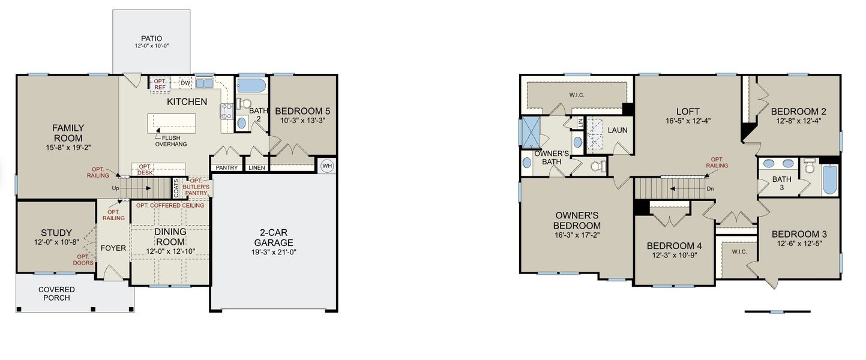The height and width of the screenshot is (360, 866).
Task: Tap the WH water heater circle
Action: (327, 166)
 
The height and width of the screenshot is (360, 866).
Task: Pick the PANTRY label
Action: (226, 168)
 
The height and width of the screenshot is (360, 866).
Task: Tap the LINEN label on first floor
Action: (256, 168)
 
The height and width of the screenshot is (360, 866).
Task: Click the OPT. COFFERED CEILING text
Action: (170, 206)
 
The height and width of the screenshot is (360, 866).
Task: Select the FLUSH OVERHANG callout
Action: (171, 140)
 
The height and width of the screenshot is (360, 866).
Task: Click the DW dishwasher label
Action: (185, 83)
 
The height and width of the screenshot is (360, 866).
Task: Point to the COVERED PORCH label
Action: (56, 293)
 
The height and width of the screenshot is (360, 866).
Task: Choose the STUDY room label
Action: (56, 233)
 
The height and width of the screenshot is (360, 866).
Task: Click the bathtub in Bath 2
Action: (251, 85)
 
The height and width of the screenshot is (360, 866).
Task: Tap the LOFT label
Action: (688, 111)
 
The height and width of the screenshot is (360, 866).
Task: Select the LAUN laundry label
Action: (617, 130)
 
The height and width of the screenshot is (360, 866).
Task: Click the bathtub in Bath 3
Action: (829, 179)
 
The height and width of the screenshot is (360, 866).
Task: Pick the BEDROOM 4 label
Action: (674, 246)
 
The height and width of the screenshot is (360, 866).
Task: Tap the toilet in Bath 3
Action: (808, 166)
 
